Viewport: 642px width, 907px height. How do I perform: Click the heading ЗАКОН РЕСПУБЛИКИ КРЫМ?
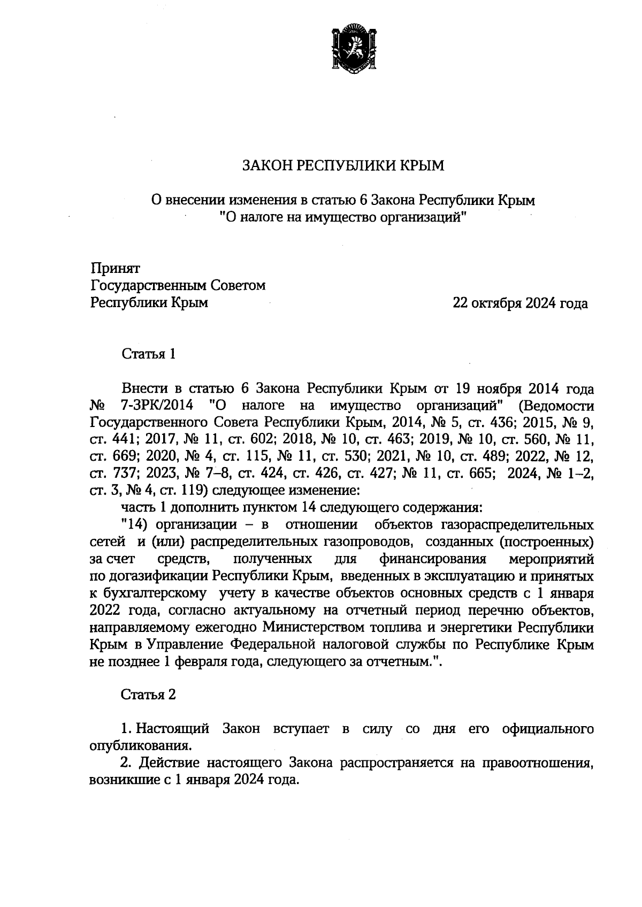tap(343, 165)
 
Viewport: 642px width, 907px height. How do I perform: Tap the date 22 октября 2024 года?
tap(520, 303)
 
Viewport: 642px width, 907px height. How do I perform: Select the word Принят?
tap(116, 268)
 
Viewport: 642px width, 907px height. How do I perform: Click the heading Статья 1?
tap(149, 354)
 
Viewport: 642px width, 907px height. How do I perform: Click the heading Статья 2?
tap(149, 695)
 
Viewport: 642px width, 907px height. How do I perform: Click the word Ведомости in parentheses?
tap(560, 405)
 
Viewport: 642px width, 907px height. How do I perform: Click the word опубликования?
tap(141, 745)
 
